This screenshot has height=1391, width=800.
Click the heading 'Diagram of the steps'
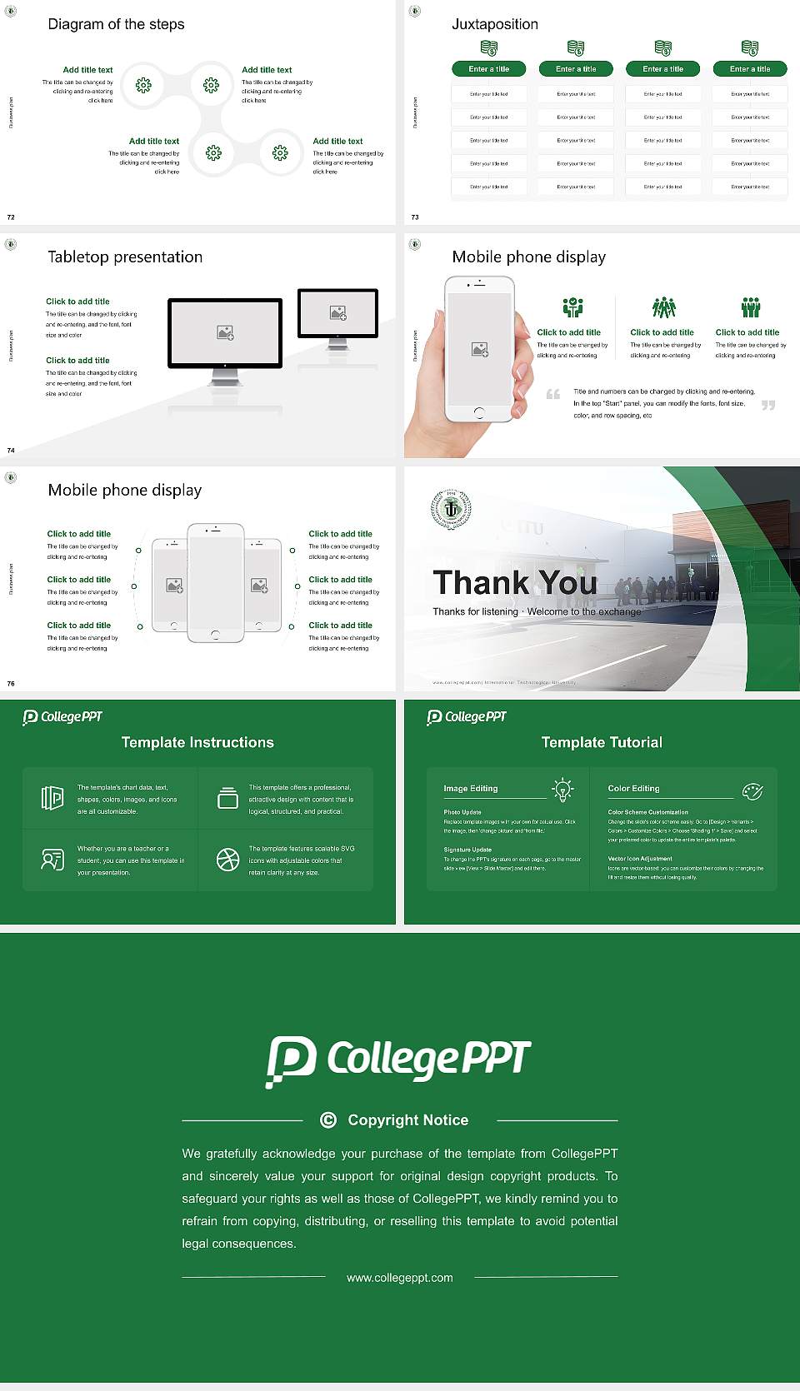pos(116,24)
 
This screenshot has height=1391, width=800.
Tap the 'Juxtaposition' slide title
pos(494,24)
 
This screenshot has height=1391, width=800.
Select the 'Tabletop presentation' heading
pos(125,257)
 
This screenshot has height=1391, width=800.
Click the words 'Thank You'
pos(515,583)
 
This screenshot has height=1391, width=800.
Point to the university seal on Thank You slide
pos(451,509)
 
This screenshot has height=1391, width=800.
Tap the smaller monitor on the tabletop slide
pos(337,313)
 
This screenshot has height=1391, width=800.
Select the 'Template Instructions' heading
pos(197,742)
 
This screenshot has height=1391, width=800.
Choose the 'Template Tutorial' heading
pos(602,742)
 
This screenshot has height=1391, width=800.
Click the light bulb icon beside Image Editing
pos(562,790)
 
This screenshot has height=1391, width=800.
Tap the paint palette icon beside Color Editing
pos(752,790)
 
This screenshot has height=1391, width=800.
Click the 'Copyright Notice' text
pos(407,1120)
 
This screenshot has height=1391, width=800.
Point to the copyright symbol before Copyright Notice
pos(328,1120)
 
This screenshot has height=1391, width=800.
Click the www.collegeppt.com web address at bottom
pos(400,1278)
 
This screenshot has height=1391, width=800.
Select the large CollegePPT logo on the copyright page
pos(398,1059)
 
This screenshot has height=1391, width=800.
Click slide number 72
pos(11,217)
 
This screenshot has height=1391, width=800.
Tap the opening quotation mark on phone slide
pos(553,394)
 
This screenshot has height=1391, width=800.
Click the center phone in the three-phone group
pos(215,583)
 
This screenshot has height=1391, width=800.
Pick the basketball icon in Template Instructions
pos(227,860)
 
